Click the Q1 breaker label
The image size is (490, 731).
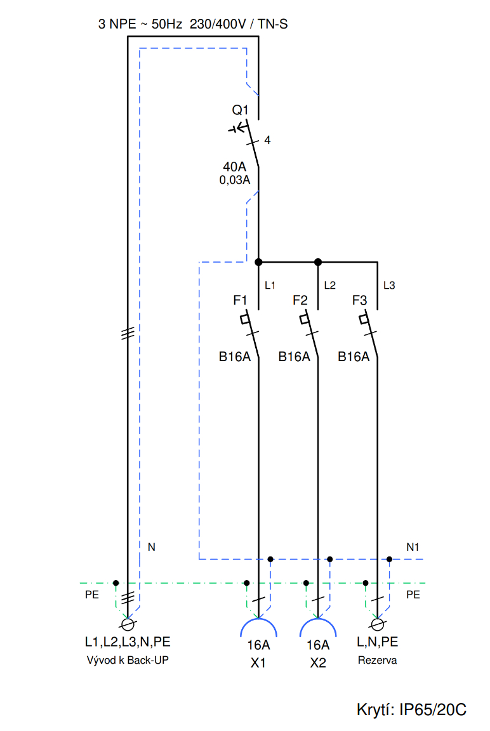click(240, 110)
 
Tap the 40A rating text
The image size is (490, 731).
click(234, 166)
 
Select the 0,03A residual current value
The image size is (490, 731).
click(234, 180)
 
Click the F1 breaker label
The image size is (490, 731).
click(240, 300)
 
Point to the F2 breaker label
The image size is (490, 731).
click(300, 300)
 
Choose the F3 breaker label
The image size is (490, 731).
click(359, 300)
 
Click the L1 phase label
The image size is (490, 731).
click(270, 286)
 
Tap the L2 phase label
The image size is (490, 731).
click(329, 286)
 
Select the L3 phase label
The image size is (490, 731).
click(389, 286)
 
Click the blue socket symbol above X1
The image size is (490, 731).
click(259, 619)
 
